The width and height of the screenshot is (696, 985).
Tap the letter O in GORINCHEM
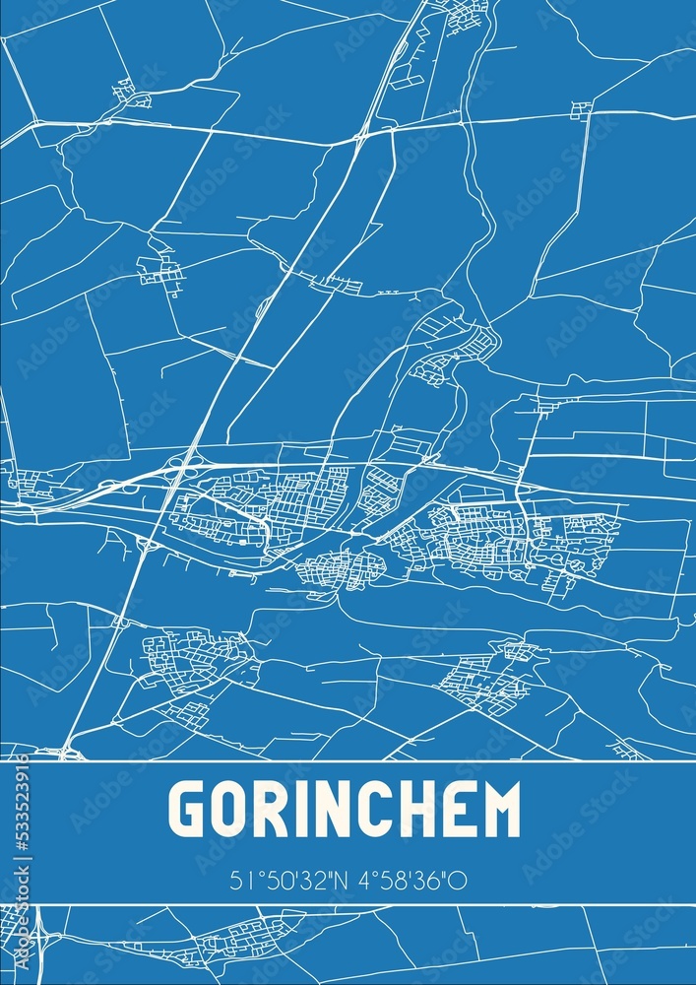click(x=231, y=810)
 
